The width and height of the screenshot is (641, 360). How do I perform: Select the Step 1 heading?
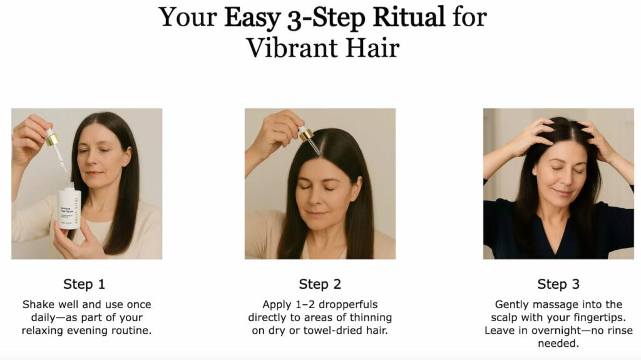pyautogui.click(x=84, y=284)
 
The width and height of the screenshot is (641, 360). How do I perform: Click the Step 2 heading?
pyautogui.click(x=320, y=284)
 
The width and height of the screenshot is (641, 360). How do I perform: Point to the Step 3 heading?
pyautogui.click(x=558, y=284)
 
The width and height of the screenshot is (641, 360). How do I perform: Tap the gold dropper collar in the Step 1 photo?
pyautogui.click(x=52, y=138)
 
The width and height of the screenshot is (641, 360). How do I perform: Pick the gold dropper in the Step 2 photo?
pyautogui.click(x=305, y=133)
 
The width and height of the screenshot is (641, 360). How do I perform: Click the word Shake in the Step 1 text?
pyautogui.click(x=38, y=304)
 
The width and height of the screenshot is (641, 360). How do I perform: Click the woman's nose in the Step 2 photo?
pyautogui.click(x=320, y=200)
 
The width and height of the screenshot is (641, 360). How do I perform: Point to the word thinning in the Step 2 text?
pyautogui.click(x=370, y=317)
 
